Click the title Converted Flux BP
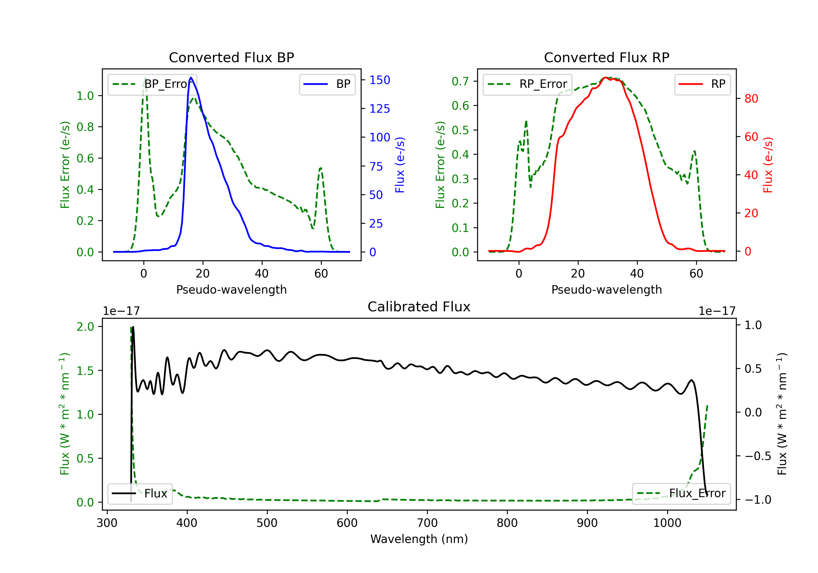coord(231,57)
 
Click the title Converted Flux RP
coord(607,57)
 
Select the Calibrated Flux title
coord(419,307)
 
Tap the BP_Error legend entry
coord(152,84)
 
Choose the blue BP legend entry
coord(327,84)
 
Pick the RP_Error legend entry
coord(527,84)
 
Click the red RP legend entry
coord(702,84)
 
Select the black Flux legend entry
coord(140,494)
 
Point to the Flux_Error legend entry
coord(681,494)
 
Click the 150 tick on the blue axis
coord(380,80)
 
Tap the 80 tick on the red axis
coord(751,99)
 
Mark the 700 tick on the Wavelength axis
coord(427,523)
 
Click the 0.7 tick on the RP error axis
coord(460,81)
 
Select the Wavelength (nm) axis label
coord(419,539)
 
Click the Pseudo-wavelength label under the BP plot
coord(231,290)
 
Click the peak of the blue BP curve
coord(191,77)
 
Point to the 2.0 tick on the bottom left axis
coord(86,327)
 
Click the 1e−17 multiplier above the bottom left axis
coord(122,311)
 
